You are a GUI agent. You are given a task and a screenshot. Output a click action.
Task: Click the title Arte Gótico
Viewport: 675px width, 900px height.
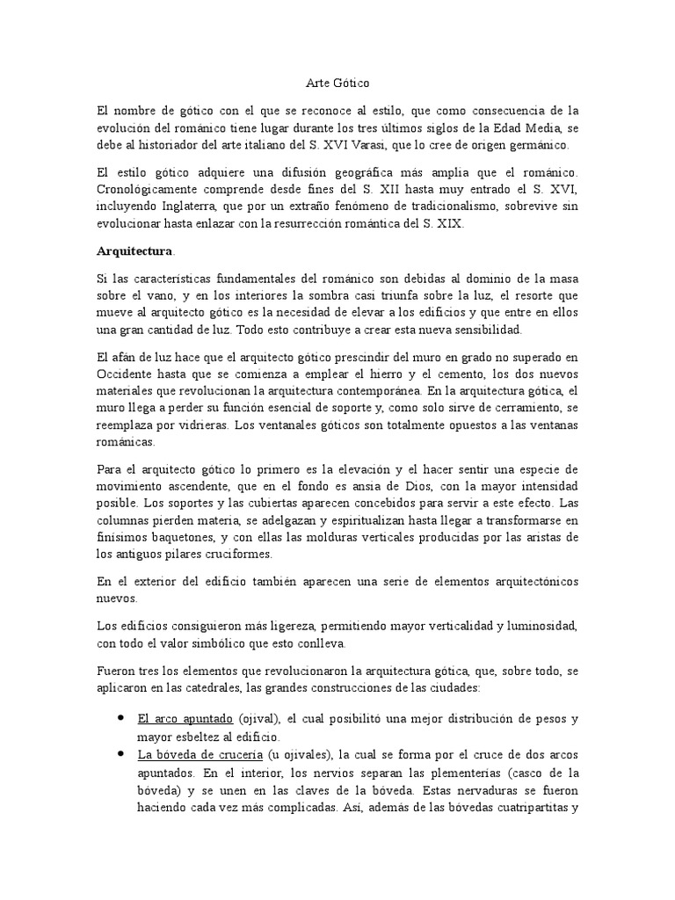(x=337, y=83)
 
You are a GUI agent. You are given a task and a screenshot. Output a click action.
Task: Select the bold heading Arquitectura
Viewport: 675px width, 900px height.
(x=134, y=250)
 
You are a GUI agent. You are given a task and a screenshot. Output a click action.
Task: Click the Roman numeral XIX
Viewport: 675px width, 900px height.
(x=450, y=224)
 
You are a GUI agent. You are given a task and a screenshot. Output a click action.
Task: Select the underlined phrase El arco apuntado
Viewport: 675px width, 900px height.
(x=185, y=719)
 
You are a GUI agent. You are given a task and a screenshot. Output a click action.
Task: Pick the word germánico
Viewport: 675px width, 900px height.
(x=538, y=145)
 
